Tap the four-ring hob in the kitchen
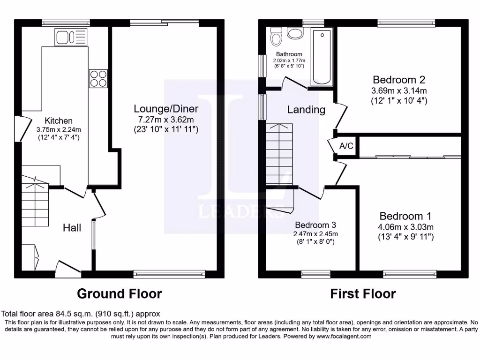point(98,78)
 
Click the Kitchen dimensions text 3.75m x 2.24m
point(59,130)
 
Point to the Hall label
point(72,228)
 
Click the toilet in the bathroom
point(276,36)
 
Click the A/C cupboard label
point(346,146)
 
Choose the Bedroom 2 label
point(399,79)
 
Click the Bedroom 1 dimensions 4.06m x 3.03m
point(406,227)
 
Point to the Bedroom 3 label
point(315,225)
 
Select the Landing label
point(306,110)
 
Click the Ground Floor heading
point(119,294)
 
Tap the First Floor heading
point(363,294)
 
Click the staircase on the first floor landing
point(279,155)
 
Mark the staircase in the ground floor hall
point(35,202)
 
